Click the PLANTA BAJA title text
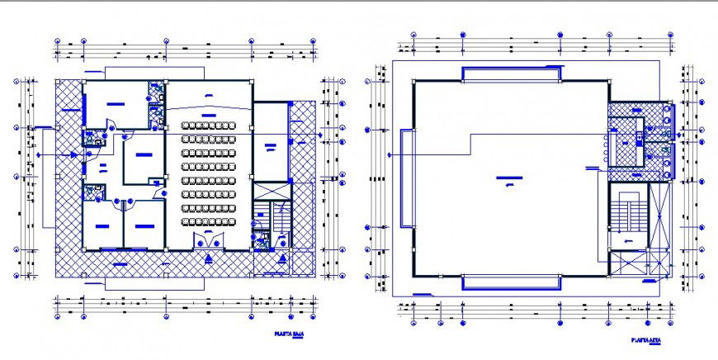coord(289,335)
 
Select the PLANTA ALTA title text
coord(647,340)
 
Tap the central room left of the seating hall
coord(143,159)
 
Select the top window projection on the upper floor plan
coord(512,74)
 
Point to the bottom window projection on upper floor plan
coord(512,282)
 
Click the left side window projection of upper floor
coord(406,178)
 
